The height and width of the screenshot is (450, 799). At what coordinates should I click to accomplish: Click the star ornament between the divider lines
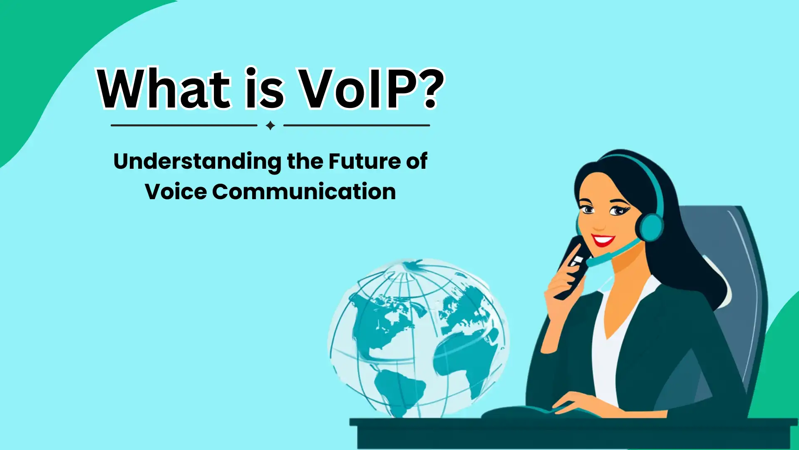tap(270, 125)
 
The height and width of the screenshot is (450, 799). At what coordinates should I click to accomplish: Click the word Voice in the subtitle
tap(176, 192)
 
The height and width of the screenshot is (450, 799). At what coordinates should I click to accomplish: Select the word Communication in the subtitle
tap(304, 192)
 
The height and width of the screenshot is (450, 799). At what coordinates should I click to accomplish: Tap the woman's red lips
tap(603, 240)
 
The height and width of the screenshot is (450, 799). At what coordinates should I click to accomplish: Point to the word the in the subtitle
tap(305, 161)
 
